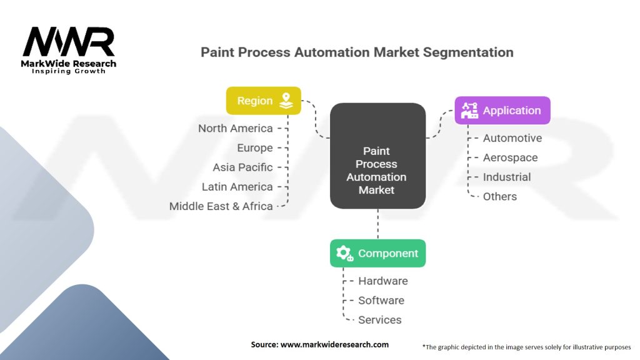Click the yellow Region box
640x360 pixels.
click(x=264, y=101)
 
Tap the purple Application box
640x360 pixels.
click(x=502, y=110)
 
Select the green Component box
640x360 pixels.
click(x=377, y=254)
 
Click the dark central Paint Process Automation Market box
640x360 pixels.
click(x=377, y=156)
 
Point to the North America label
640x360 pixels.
click(x=236, y=129)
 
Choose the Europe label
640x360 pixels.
click(x=255, y=148)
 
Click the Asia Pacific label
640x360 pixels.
click(x=243, y=167)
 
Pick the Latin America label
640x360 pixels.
click(x=237, y=187)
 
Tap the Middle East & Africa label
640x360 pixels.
click(x=221, y=206)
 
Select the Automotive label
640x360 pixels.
click(x=512, y=138)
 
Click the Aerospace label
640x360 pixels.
click(x=510, y=158)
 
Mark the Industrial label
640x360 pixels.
click(x=507, y=177)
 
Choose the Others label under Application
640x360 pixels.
click(x=500, y=197)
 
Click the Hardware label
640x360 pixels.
click(x=383, y=281)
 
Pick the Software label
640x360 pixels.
click(x=381, y=301)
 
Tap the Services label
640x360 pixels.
click(x=379, y=320)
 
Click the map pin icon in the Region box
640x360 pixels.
click(x=286, y=101)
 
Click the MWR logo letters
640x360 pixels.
click(x=69, y=42)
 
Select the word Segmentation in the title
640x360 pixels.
click(x=468, y=52)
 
